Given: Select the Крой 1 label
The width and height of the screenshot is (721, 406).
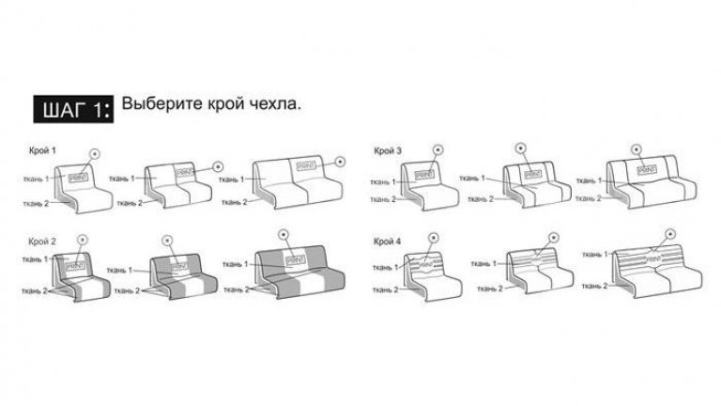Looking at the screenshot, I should pos(42,150).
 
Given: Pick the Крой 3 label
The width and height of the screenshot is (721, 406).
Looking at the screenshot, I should pos(388,150).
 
